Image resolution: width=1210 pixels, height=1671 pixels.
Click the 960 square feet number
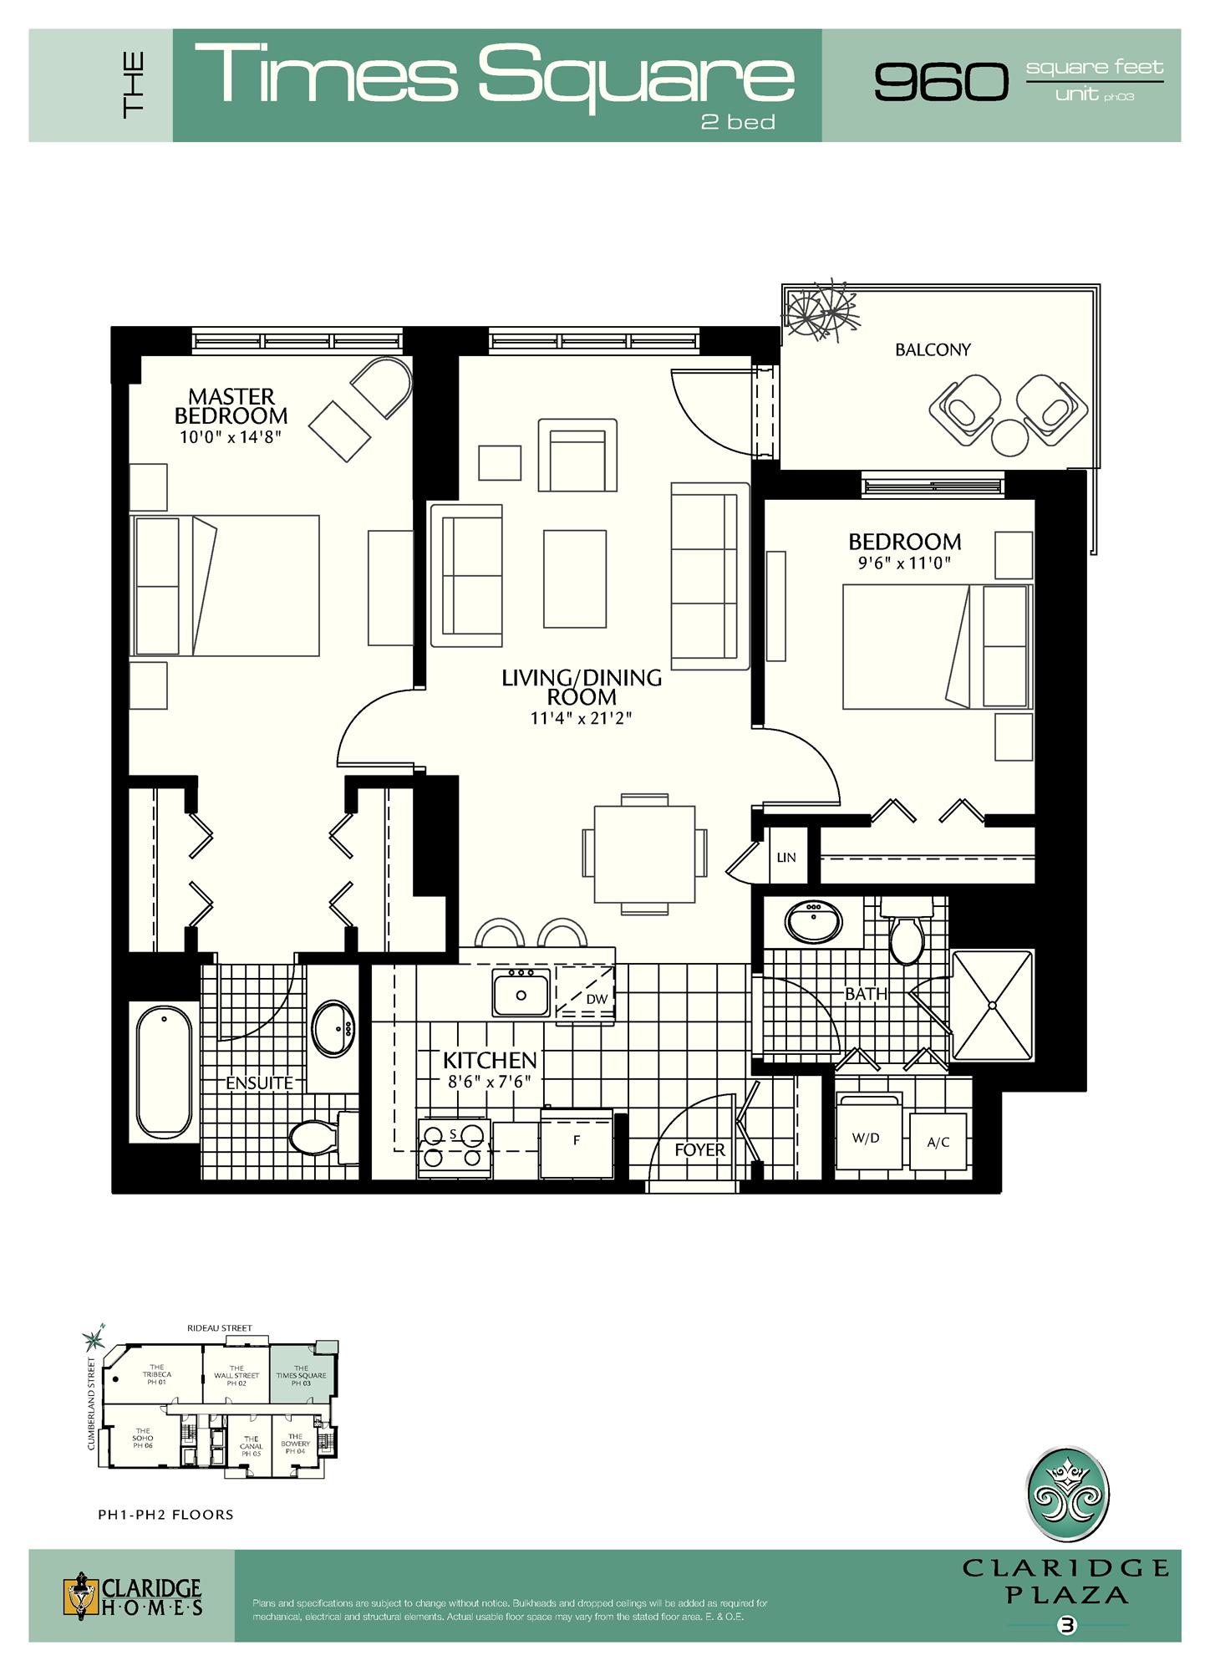[941, 82]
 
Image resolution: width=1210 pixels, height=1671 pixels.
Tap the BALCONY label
[933, 350]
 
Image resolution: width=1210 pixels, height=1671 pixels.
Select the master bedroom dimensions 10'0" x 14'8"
[230, 437]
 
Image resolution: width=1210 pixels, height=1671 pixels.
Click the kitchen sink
[521, 995]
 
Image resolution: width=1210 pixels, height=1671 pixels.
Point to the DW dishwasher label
[596, 1000]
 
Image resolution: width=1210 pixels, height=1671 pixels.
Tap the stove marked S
[454, 1146]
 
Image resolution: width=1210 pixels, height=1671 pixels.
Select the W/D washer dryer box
[867, 1139]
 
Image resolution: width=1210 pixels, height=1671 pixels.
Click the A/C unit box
[938, 1143]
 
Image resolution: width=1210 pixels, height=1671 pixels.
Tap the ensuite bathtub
[164, 1072]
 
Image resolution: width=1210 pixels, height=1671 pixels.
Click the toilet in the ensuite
[316, 1137]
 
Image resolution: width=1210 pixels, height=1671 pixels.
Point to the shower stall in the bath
[992, 1006]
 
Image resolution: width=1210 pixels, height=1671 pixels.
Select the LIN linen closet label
[786, 858]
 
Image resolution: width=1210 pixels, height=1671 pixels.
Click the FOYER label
[699, 1150]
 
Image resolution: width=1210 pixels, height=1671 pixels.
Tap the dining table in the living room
[644, 853]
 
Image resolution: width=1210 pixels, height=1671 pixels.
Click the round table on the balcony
[1009, 436]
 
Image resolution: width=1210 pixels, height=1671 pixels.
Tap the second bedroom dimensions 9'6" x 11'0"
[904, 563]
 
